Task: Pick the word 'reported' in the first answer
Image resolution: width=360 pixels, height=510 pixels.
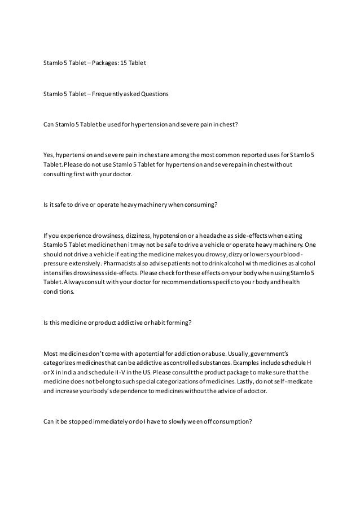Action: click(249, 155)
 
